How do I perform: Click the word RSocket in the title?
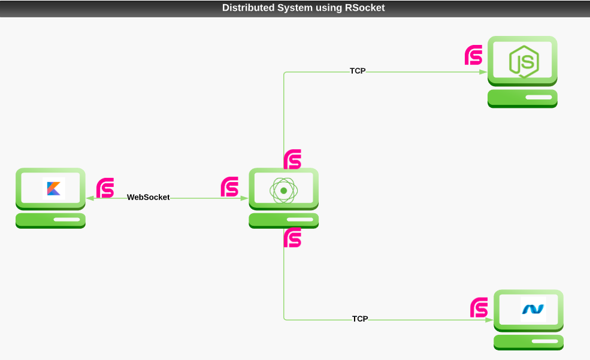click(x=365, y=8)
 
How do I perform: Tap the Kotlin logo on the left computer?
click(x=54, y=189)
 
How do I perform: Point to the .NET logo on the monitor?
click(x=533, y=309)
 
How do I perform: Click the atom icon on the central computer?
click(x=283, y=191)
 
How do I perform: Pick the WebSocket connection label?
click(x=148, y=197)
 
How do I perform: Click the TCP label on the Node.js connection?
click(x=358, y=71)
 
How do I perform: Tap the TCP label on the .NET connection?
click(x=360, y=319)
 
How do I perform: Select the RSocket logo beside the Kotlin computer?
click(x=105, y=187)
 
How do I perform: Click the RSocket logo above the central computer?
click(x=292, y=159)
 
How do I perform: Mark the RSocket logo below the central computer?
click(x=292, y=238)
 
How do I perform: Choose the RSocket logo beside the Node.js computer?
click(x=474, y=55)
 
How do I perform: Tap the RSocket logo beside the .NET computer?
click(x=479, y=307)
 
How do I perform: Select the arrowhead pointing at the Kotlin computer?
click(x=89, y=198)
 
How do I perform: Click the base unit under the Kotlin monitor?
click(x=50, y=220)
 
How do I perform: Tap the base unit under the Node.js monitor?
click(x=522, y=98)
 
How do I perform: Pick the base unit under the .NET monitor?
click(x=528, y=341)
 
